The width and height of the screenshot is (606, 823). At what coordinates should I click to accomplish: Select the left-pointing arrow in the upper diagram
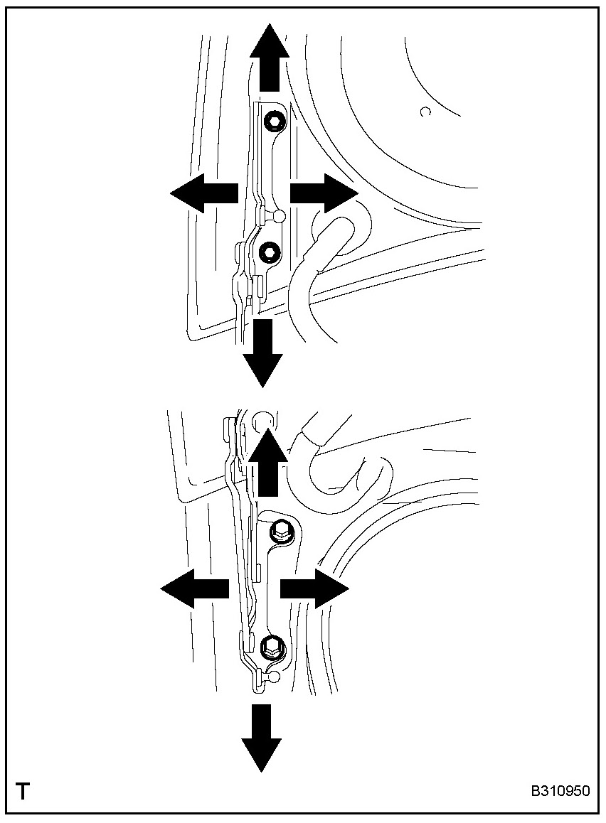coord(203,193)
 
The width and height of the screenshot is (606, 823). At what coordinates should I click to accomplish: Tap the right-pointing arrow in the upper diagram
coord(322,193)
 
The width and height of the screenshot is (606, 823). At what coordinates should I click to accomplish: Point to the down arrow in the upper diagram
coord(263,353)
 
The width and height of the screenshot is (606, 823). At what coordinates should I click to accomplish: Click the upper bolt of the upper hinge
coord(274,123)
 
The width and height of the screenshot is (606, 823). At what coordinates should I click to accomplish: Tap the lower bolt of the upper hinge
coord(270,251)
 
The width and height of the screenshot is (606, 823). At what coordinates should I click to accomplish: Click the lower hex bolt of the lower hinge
coord(272,646)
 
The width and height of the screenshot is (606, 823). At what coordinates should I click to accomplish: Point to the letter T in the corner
coord(23,791)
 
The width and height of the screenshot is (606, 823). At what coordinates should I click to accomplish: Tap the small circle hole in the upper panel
coord(425,112)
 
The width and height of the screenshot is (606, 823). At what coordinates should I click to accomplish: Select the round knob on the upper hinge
coord(279,215)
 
